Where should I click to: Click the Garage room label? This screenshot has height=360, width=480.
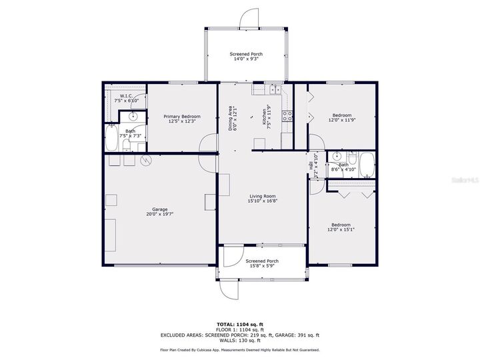(159, 209)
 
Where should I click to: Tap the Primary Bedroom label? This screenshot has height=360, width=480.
(182, 117)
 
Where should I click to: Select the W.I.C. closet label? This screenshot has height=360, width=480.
(127, 96)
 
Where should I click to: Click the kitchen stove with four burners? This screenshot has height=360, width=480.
(288, 115)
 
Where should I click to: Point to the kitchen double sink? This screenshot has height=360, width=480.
(259, 89)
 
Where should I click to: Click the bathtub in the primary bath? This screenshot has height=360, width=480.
(111, 141)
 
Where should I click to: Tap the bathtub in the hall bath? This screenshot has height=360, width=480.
(367, 164)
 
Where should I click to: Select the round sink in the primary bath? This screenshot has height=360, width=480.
(133, 115)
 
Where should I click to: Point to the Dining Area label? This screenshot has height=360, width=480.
(231, 118)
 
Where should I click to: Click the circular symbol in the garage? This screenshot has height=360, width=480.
(146, 160)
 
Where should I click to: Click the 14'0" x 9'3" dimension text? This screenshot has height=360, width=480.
(247, 59)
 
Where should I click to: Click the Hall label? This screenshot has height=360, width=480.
(310, 164)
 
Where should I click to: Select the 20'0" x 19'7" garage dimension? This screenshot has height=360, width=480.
(159, 214)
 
